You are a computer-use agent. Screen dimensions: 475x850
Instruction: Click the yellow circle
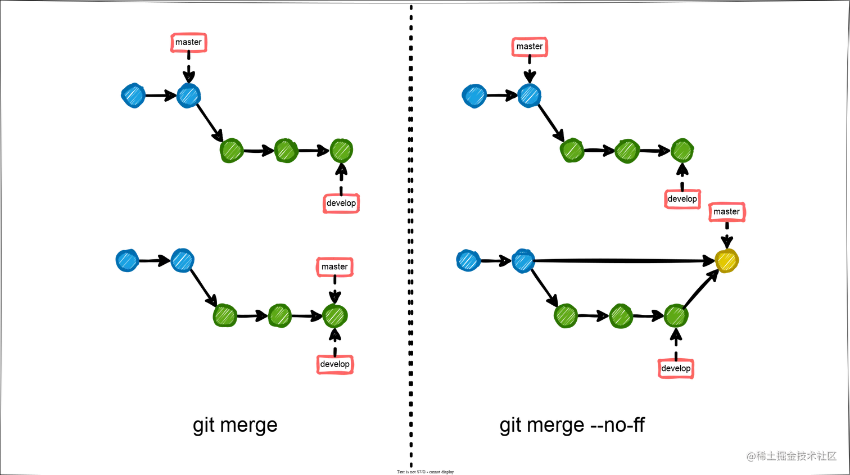pyautogui.click(x=727, y=261)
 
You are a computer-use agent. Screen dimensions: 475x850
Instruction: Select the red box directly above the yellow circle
pyautogui.click(x=727, y=212)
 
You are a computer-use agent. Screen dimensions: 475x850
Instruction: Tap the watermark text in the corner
pyautogui.click(x=790, y=455)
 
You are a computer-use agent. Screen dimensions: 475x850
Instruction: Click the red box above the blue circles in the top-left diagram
pyautogui.click(x=189, y=43)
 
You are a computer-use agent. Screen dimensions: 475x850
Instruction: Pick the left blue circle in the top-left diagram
pyautogui.click(x=133, y=96)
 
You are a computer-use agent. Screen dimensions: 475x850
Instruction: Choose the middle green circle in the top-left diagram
pyautogui.click(x=286, y=151)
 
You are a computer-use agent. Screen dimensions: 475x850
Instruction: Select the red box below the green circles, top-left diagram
pyautogui.click(x=341, y=203)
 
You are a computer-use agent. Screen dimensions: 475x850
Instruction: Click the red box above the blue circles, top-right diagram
pyautogui.click(x=529, y=47)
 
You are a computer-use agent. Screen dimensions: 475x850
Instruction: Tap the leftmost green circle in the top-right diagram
pyautogui.click(x=572, y=151)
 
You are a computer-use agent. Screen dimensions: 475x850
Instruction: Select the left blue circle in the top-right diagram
pyautogui.click(x=474, y=96)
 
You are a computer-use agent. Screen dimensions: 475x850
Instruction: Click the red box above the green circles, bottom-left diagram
pyautogui.click(x=334, y=267)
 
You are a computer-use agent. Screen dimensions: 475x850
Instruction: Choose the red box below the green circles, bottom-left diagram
pyautogui.click(x=335, y=365)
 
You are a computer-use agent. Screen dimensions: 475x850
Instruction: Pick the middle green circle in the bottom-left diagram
pyautogui.click(x=279, y=315)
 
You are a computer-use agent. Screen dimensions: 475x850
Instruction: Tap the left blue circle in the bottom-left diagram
pyautogui.click(x=126, y=261)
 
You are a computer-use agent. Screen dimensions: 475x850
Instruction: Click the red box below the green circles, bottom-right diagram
pyautogui.click(x=676, y=369)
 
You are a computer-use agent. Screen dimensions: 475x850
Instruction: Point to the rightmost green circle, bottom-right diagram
pyautogui.click(x=676, y=316)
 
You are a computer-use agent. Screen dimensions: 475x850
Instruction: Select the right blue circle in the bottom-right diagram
pyautogui.click(x=523, y=261)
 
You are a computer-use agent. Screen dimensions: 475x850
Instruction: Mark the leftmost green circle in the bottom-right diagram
pyautogui.click(x=566, y=316)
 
